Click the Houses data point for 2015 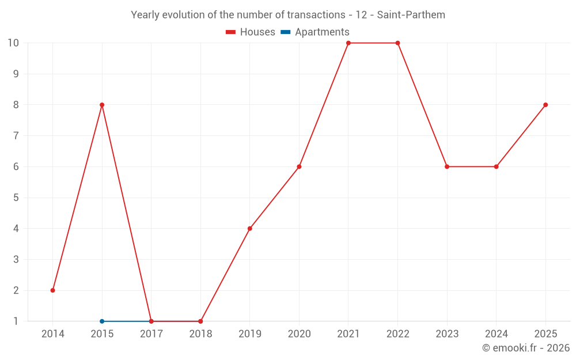102,105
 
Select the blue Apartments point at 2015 102,321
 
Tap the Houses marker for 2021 348,43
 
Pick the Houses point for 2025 545,105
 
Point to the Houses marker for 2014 53,290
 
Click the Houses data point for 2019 250,229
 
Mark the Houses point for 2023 447,166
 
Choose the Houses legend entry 251,32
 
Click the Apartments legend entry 315,32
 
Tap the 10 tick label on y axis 13,43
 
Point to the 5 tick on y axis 16,198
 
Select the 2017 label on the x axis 151,334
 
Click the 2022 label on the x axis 397,334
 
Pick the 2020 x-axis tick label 299,334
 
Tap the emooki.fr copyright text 526,348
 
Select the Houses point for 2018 200,321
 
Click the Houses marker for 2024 496,166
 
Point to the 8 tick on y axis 16,105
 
